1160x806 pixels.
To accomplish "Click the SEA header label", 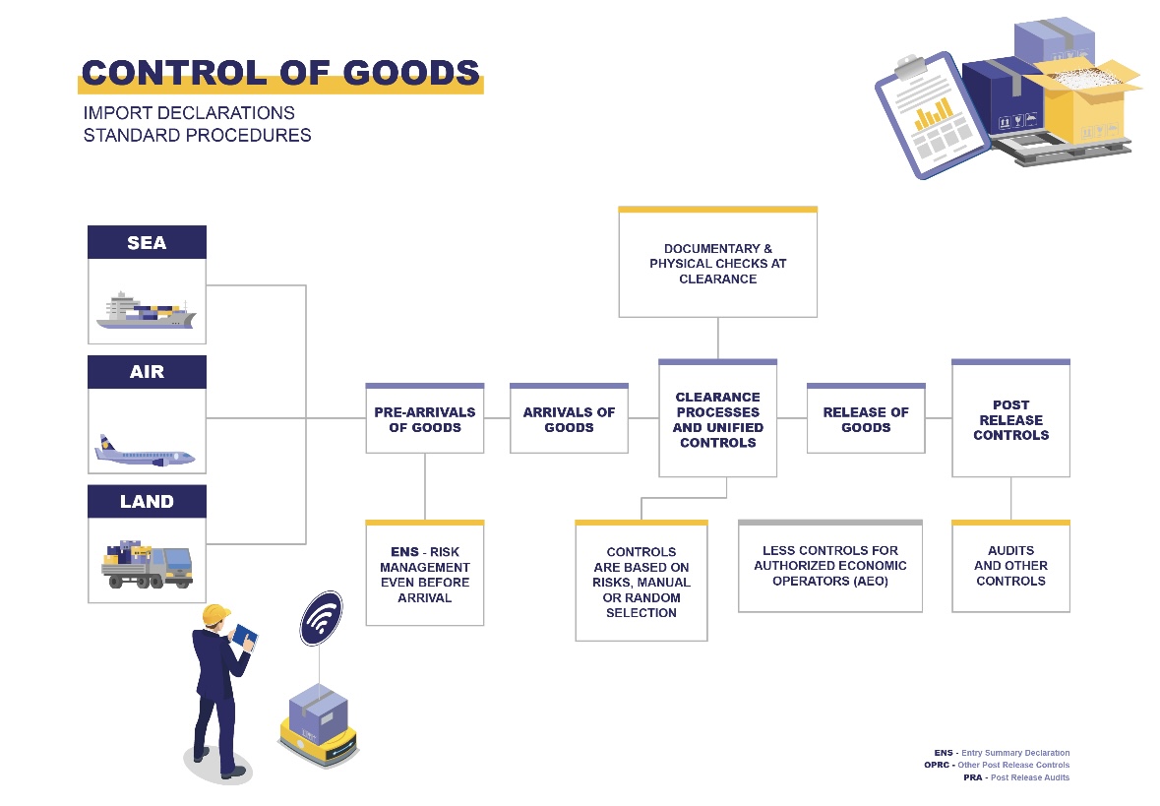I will [147, 243].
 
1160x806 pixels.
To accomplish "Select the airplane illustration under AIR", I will [146, 451].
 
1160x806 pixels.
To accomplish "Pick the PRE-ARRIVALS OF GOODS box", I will [424, 419].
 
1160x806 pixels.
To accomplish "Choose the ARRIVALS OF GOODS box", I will [569, 419].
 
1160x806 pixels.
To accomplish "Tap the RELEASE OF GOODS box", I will [866, 419].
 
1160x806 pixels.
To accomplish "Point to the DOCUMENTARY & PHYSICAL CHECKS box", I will [717, 264].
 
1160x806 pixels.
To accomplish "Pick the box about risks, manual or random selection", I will [641, 582].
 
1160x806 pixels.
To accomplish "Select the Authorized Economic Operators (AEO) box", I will [830, 567].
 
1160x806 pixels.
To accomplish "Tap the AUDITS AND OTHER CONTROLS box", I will [1010, 567].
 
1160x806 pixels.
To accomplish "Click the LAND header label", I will [147, 502].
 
